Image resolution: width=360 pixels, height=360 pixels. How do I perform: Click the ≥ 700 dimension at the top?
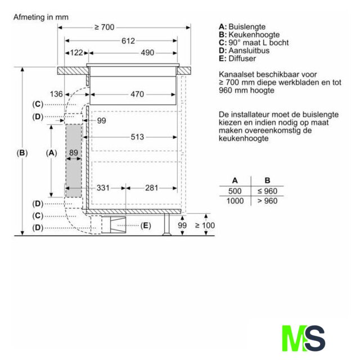105,28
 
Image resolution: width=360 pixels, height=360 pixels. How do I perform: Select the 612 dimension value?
128,41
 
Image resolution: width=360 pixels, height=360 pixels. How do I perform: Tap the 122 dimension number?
76,53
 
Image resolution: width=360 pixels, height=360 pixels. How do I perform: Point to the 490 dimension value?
147,53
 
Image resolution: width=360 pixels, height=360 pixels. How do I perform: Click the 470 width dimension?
137,94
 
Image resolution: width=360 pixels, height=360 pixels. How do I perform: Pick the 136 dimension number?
56,94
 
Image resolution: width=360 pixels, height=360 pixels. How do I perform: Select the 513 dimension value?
137,137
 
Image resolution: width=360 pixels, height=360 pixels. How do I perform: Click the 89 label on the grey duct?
74,152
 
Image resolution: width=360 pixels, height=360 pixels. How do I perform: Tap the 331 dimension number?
103,188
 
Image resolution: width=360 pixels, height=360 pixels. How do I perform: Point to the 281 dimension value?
151,188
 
